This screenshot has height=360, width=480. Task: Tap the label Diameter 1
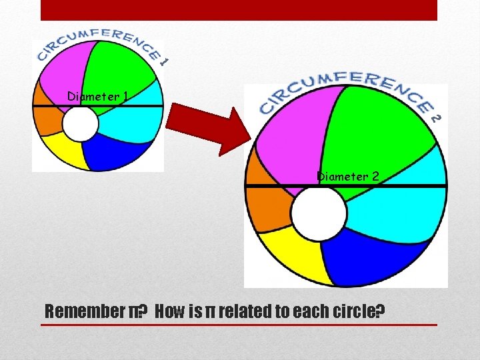click(97, 97)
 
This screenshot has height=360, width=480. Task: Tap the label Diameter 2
click(348, 177)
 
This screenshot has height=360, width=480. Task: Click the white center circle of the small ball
click(81, 125)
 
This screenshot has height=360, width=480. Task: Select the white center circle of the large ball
click(319, 213)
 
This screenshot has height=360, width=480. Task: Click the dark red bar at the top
click(239, 10)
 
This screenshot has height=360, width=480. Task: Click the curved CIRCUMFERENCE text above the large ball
click(347, 90)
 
